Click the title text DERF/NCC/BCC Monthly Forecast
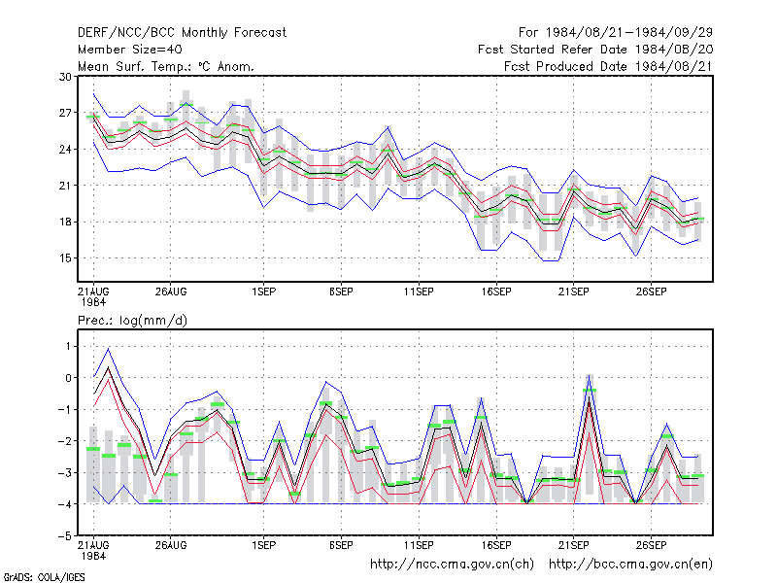tap(182, 33)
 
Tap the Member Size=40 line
tap(130, 50)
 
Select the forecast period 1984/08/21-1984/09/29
tap(628, 33)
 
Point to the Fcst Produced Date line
tap(608, 66)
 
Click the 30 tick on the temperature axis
tap(65, 77)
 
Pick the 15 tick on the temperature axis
tap(65, 258)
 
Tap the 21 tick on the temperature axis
tap(65, 186)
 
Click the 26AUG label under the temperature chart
tap(171, 292)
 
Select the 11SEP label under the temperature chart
tap(419, 292)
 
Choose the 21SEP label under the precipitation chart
tap(573, 545)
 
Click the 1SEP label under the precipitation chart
tap(263, 545)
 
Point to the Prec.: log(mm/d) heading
tap(132, 321)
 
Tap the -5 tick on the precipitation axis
tap(65, 536)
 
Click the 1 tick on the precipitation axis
tap(68, 346)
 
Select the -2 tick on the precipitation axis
tap(65, 441)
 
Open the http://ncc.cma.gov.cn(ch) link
tap(452, 565)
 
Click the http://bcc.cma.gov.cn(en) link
tap(630, 565)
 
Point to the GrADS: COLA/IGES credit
tap(44, 577)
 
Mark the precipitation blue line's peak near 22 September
tap(589, 375)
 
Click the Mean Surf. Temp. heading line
tap(166, 66)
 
